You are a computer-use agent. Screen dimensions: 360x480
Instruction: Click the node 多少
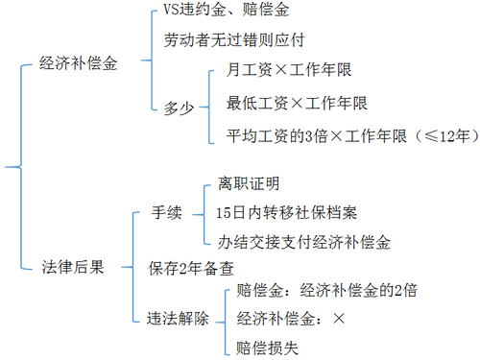point(177,107)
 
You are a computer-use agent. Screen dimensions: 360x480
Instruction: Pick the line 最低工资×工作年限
point(284,103)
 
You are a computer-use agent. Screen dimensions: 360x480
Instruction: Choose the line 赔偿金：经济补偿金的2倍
point(326,290)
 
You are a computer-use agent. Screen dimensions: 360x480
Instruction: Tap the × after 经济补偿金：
point(340,319)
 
